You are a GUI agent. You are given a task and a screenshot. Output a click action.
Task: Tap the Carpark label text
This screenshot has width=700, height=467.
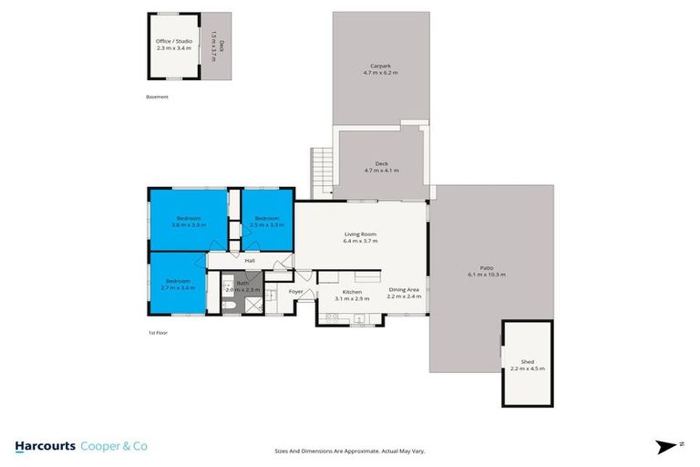pos(381,67)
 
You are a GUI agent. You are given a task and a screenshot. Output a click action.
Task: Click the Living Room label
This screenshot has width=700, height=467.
pos(360,234)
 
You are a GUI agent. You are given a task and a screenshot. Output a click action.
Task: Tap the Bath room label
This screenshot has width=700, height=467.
pos(242,283)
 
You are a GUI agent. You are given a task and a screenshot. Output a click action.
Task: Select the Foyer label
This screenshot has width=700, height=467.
pos(296,292)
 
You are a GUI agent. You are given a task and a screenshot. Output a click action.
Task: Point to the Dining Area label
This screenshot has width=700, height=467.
pos(403,290)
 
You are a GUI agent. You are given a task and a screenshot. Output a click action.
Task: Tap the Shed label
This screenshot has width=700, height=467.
pos(527,362)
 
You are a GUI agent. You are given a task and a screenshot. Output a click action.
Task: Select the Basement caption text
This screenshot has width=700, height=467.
pos(157,97)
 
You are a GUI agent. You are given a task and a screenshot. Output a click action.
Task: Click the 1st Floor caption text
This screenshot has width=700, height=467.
pos(157,333)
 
